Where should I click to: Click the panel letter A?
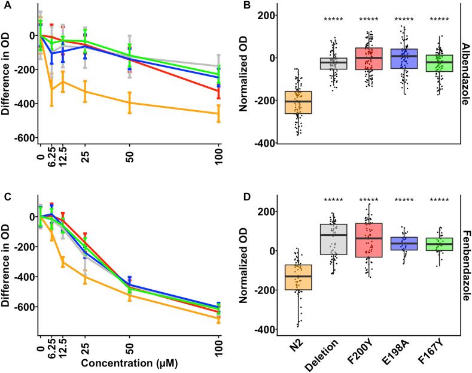5,5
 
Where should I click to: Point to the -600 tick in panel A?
22,138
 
